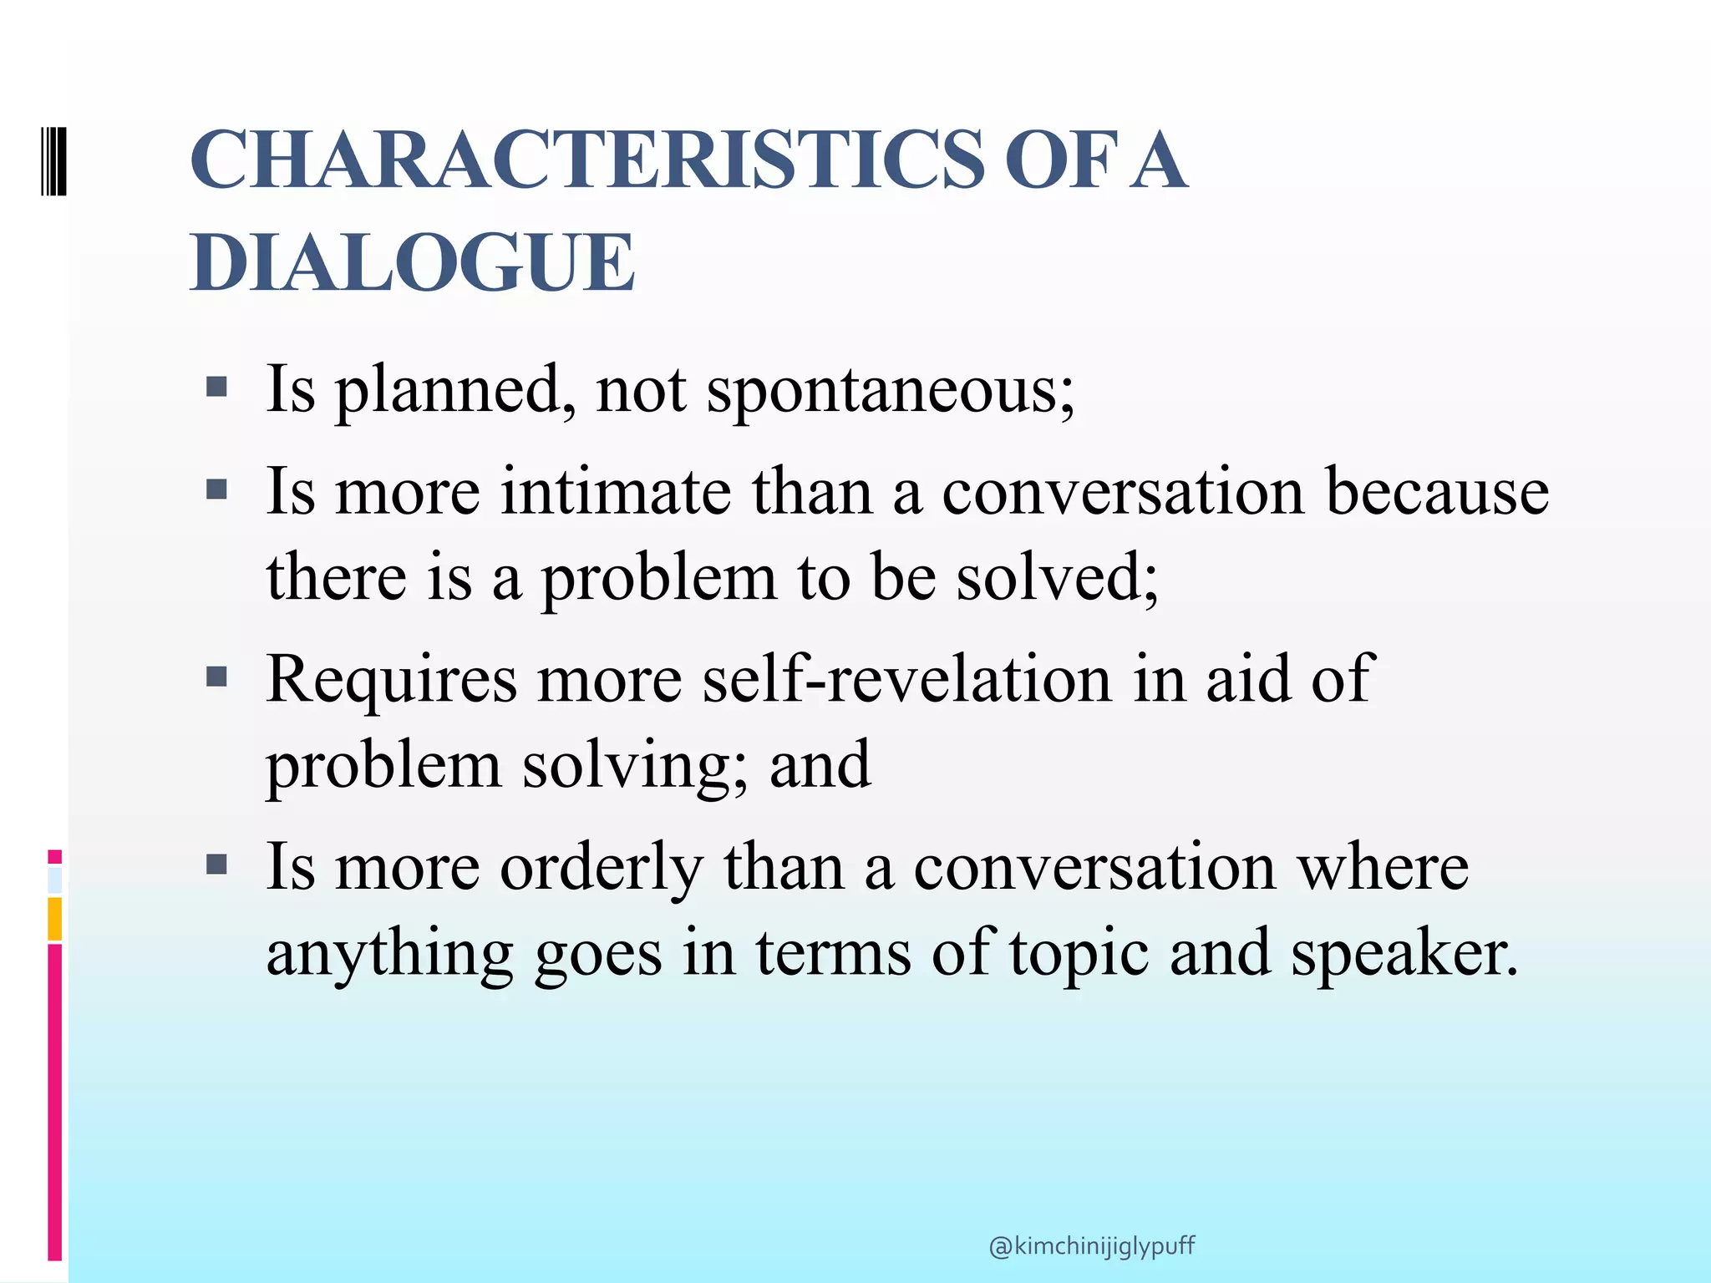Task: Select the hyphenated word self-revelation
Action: [x=907, y=678]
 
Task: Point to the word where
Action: [x=1383, y=867]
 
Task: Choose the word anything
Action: [x=389, y=955]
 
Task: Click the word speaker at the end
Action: [x=1403, y=953]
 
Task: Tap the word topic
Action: [x=1079, y=955]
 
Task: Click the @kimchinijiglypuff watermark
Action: [x=1091, y=1246]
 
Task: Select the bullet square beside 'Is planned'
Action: [x=216, y=386]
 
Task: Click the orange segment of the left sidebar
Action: [x=55, y=918]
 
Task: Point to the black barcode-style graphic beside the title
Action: [x=53, y=160]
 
